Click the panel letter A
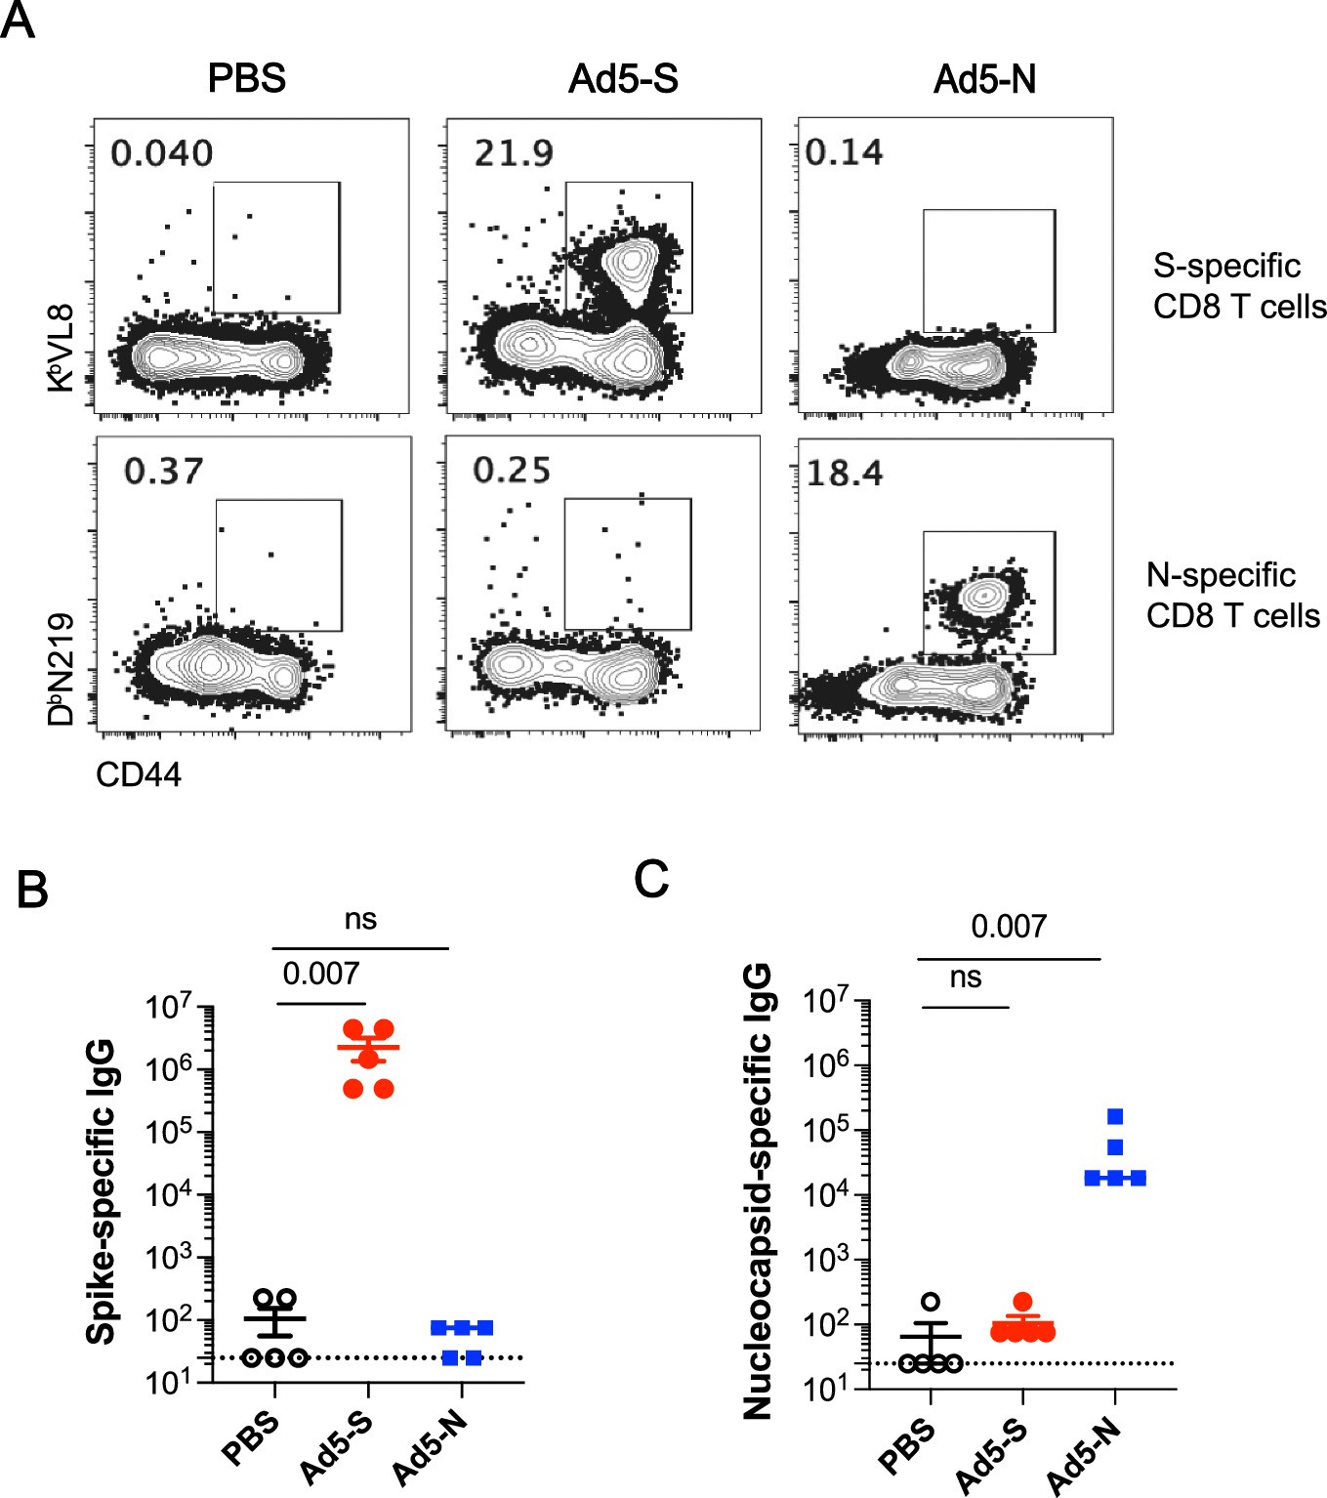click(18, 20)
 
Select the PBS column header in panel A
click(246, 78)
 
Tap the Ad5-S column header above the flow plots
click(623, 78)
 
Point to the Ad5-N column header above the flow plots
click(984, 78)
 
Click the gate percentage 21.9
click(514, 153)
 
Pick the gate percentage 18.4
click(845, 474)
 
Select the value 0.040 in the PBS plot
click(161, 153)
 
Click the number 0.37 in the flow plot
click(163, 472)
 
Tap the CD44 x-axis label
click(139, 774)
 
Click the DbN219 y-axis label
click(61, 669)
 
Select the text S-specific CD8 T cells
click(1238, 286)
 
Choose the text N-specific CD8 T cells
click(1232, 596)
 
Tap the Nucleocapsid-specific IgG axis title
click(758, 1191)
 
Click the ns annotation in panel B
click(360, 919)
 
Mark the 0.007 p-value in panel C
click(1008, 926)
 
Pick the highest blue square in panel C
click(1115, 1116)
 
